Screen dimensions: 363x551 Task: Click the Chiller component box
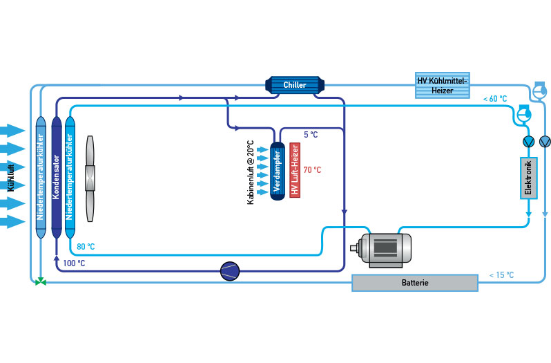point(295,85)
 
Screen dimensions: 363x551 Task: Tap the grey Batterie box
point(415,283)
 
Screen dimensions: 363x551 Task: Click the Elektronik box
point(528,178)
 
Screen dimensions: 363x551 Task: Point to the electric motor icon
point(380,248)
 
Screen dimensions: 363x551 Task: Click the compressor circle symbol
point(230,271)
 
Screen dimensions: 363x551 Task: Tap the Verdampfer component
point(278,170)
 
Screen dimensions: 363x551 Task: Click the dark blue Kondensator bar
point(57,176)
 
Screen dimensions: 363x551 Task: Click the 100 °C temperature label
point(74,263)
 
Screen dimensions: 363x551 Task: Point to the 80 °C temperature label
point(86,247)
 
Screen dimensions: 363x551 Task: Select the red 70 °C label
point(313,169)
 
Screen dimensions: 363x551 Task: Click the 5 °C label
point(310,133)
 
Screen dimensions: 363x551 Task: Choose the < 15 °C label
point(501,275)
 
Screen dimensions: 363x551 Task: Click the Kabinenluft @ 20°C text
point(251,171)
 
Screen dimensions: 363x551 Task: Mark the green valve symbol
point(41,282)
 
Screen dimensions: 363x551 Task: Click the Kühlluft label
point(10,176)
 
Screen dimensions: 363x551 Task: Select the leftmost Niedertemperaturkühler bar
point(40,176)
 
